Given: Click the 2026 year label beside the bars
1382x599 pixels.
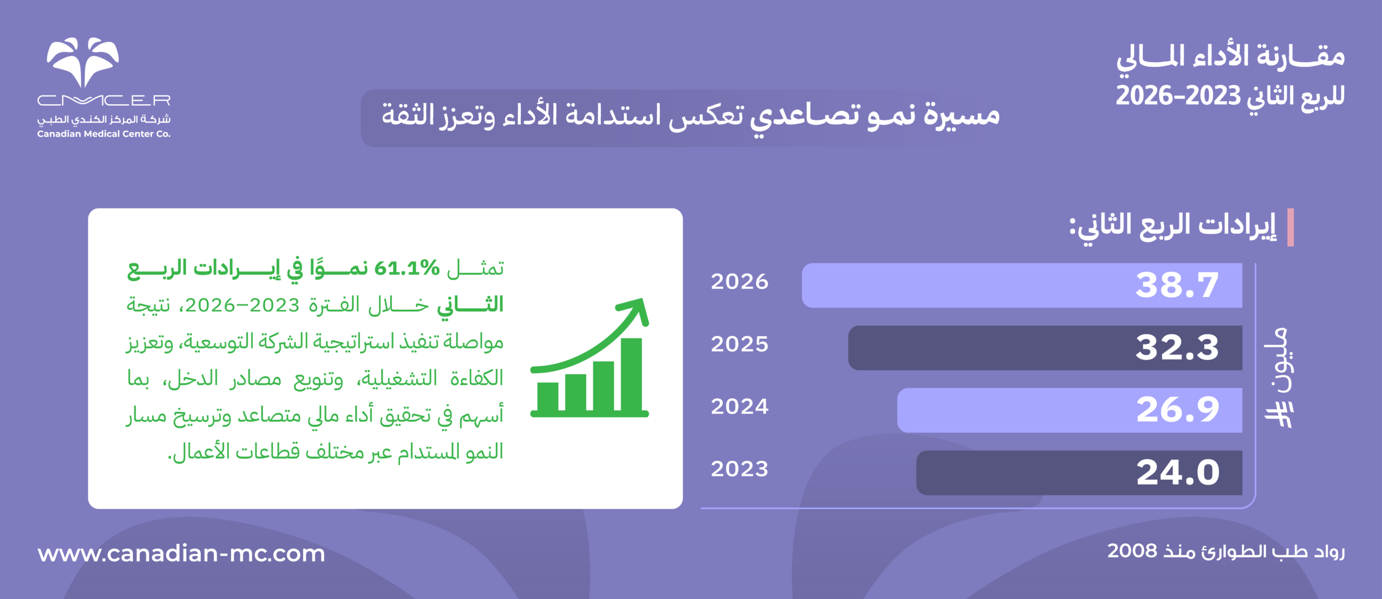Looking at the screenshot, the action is point(739,282).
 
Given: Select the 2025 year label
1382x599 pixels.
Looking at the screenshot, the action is point(739,344).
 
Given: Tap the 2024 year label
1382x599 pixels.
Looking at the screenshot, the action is point(739,406).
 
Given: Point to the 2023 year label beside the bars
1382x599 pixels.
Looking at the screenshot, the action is point(739,469).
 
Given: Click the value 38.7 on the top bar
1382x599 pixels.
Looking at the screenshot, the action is point(1177,285).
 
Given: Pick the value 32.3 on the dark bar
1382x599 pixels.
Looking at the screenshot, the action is point(1177,348).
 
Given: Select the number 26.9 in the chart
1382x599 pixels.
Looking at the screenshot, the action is point(1177,410).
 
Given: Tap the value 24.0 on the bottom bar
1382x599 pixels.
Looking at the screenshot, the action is point(1177,473).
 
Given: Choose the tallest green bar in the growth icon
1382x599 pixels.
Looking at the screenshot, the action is point(631,375).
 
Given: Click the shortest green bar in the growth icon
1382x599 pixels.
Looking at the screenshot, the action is point(548,397).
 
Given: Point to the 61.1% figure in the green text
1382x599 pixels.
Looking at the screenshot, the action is point(407,268).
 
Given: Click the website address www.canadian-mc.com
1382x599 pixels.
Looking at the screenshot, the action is point(181,554).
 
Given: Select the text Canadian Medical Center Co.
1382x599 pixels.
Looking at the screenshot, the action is point(104,134).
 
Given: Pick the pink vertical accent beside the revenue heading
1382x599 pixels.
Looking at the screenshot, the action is point(1290,227).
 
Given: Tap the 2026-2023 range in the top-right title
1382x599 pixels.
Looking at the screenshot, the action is point(1178,96).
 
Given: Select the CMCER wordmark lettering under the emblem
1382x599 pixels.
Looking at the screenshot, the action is point(104,100).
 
